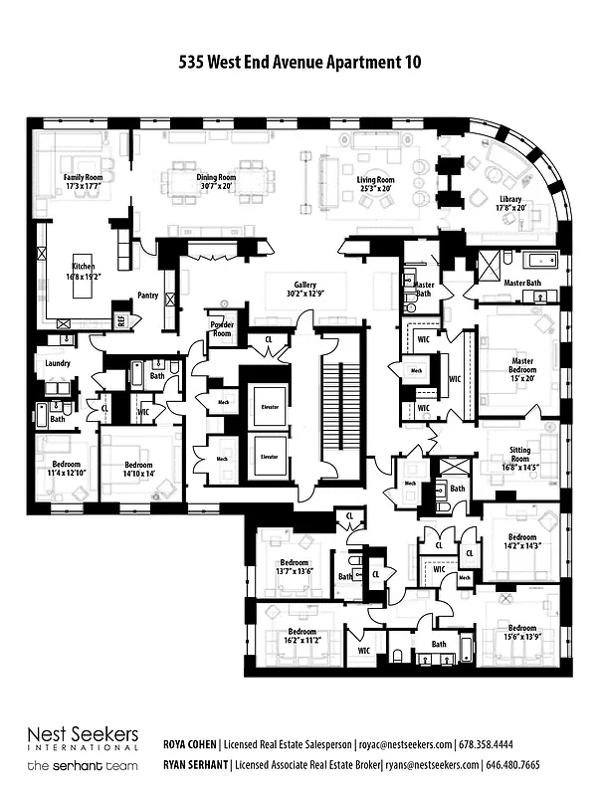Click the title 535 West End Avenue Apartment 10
(x=300, y=62)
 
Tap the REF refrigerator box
(x=121, y=320)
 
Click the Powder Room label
(x=220, y=329)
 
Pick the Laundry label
(x=58, y=363)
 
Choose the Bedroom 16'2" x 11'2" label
(x=302, y=637)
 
